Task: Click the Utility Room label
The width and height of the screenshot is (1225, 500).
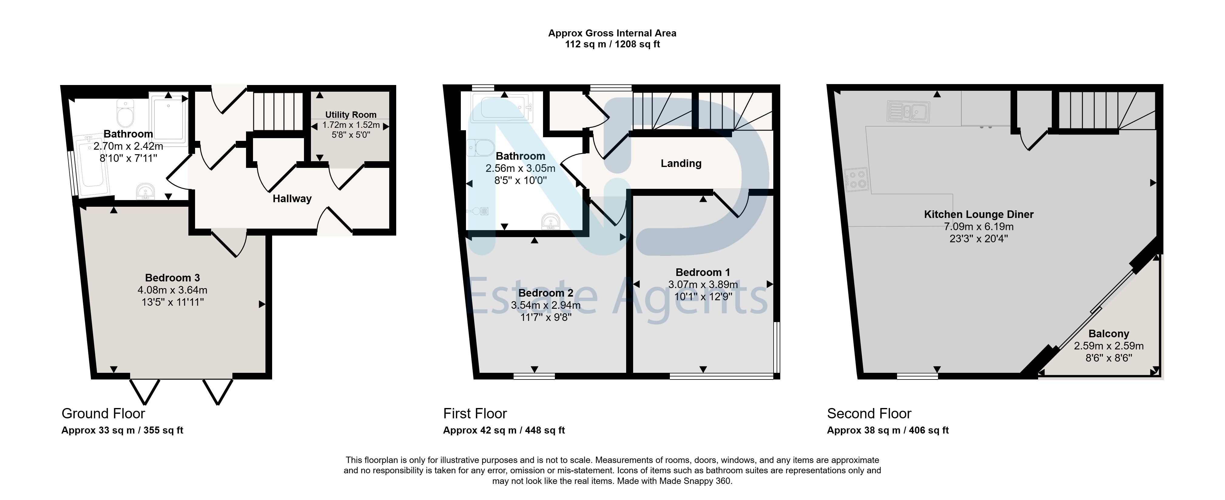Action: pos(350,115)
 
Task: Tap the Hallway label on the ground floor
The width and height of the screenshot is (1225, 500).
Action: pos(292,198)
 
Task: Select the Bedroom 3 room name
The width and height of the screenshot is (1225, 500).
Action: pos(172,277)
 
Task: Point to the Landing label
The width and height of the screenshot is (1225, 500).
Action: pos(681,164)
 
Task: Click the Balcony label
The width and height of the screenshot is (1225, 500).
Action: pos(1109,334)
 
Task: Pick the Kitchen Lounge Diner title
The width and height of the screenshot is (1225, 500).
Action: pos(979,215)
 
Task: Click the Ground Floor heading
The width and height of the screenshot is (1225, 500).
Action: pos(103,413)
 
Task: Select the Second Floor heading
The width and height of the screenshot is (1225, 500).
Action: pos(869,413)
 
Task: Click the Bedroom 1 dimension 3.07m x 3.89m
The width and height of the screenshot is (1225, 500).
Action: pos(703,284)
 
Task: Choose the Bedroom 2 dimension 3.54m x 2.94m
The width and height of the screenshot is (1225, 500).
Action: pos(546,305)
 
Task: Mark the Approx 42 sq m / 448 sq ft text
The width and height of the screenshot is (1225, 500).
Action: pos(504,430)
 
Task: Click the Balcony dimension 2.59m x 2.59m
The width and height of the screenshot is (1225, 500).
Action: pos(1109,346)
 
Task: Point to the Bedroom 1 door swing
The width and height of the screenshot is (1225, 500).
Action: pos(730,204)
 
